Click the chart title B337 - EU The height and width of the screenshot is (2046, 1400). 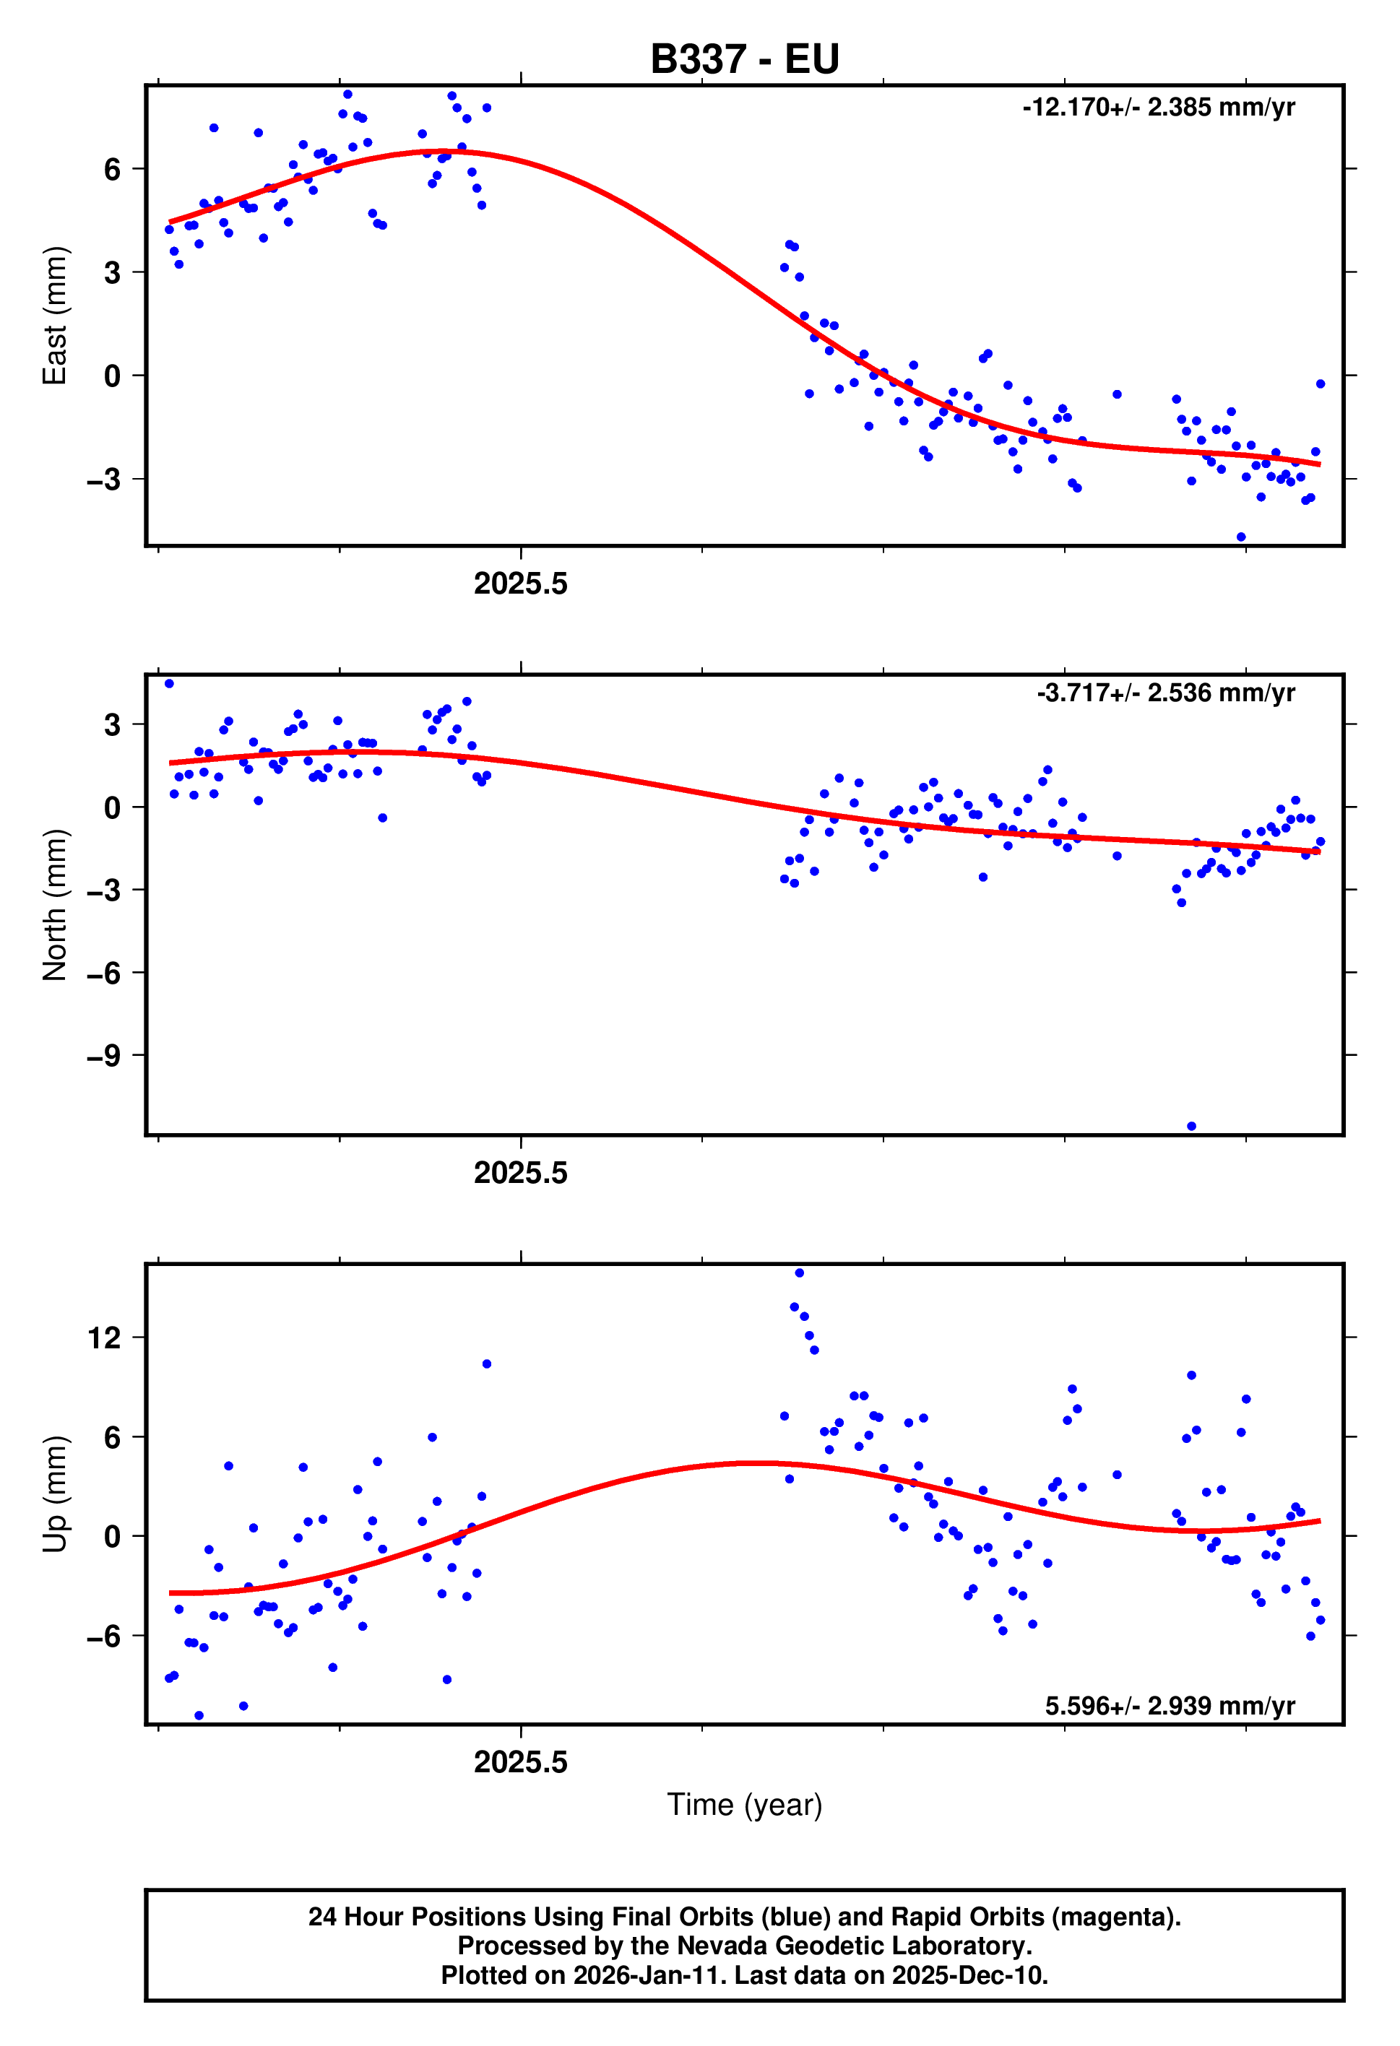744,60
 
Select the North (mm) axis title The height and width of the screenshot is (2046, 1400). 55,904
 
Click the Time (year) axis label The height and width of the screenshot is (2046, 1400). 744,1804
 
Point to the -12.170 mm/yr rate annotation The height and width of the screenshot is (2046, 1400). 1158,108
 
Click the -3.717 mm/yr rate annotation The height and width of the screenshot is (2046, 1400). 1165,693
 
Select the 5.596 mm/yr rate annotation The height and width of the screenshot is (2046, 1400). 1170,1705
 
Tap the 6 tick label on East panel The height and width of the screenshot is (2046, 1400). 112,169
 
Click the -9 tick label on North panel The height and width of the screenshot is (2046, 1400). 104,1056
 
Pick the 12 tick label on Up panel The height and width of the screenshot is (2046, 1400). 104,1338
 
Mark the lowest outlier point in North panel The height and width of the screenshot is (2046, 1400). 1191,1126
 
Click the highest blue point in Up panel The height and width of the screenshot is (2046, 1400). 799,1273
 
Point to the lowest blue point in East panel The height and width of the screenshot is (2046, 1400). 1240,537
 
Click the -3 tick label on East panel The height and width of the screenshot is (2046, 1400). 104,480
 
